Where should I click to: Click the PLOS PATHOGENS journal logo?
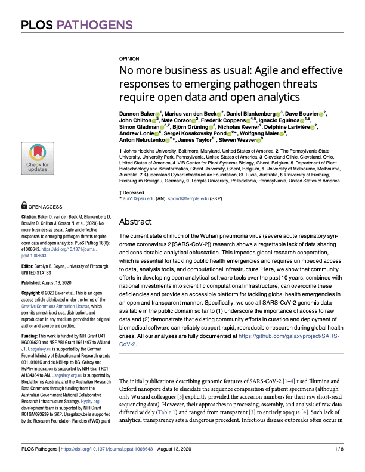point(77,25)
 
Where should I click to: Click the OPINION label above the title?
point(130,60)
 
